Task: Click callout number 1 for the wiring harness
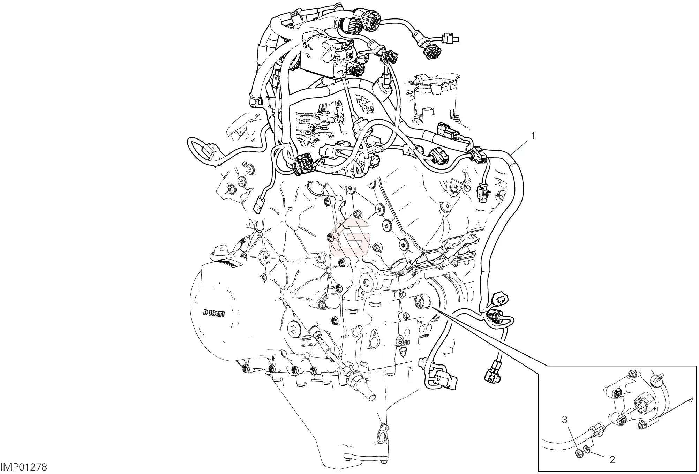(533, 136)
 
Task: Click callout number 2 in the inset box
(612, 460)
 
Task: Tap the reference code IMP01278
(24, 467)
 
